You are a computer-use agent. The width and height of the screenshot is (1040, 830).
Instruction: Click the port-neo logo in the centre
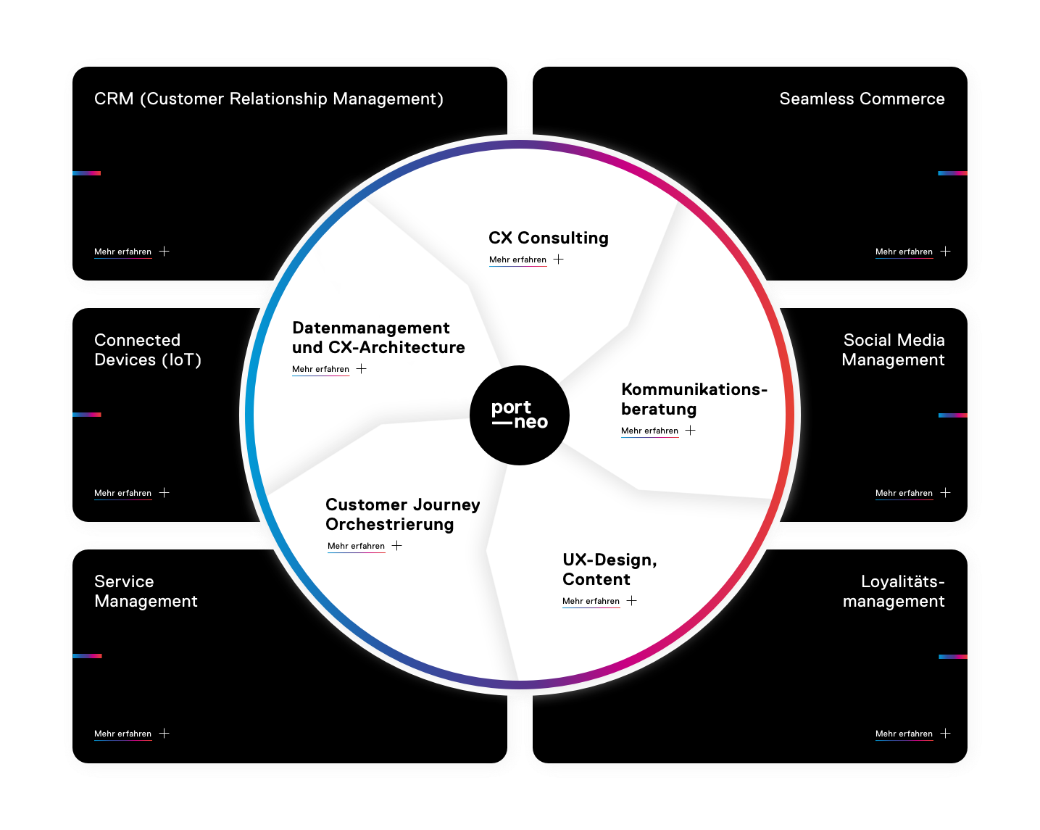[x=520, y=415]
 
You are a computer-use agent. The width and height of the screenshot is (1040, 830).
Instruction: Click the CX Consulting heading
[x=549, y=238]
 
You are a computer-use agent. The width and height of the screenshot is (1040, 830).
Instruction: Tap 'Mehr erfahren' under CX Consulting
[x=517, y=260]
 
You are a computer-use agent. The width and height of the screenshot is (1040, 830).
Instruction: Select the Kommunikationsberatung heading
[x=694, y=399]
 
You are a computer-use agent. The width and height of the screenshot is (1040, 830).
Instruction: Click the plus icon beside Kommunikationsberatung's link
[x=691, y=431]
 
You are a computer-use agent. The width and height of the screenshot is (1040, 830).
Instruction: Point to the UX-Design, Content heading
[x=610, y=569]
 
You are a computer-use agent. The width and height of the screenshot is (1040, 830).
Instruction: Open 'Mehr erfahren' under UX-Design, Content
[x=591, y=601]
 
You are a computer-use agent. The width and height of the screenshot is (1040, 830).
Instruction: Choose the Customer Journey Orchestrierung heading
[x=402, y=514]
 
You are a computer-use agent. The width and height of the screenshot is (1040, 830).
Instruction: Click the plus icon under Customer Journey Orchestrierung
[x=397, y=546]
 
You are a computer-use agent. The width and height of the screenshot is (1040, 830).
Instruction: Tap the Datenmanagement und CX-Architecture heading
[x=378, y=338]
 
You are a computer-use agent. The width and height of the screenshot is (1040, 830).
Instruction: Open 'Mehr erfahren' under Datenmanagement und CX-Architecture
[x=320, y=369]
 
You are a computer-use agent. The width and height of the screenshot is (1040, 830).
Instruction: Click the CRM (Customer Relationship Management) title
[x=269, y=99]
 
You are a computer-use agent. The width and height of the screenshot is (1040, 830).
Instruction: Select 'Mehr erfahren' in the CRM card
[x=122, y=252]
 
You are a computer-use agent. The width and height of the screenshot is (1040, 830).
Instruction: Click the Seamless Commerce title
[x=862, y=99]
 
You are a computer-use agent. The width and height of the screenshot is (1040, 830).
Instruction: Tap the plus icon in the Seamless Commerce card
[x=946, y=252]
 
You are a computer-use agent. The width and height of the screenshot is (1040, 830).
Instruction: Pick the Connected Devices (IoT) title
[x=148, y=349]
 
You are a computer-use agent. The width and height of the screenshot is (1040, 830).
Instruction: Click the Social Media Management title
[x=893, y=349]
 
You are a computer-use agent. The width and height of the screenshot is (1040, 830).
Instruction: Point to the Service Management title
[x=146, y=591]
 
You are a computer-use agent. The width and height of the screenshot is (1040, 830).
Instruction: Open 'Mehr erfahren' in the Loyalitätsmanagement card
[x=904, y=734]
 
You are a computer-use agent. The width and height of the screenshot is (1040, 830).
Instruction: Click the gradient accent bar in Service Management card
[x=87, y=656]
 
